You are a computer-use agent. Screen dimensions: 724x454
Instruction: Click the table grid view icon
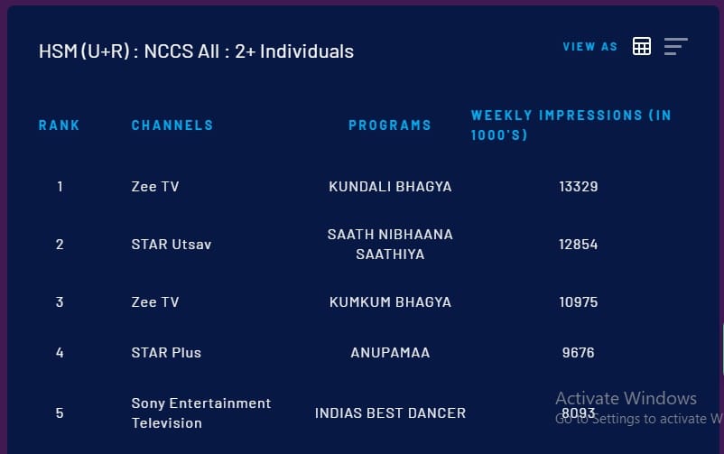(641, 46)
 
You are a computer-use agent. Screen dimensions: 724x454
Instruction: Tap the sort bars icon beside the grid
(676, 46)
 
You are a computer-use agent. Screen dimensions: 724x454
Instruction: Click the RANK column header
(59, 125)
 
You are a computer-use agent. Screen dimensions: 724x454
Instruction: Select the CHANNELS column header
(172, 125)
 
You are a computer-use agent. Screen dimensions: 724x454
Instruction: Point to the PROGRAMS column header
(390, 125)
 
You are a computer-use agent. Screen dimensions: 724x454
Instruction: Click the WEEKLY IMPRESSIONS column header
(571, 125)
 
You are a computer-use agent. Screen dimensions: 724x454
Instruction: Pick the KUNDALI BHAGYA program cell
(390, 187)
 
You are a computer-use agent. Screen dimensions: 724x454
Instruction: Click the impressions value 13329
(578, 187)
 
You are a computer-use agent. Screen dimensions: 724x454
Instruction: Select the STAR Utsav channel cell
(172, 245)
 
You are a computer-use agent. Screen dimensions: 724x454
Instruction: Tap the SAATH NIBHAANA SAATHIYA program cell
(390, 245)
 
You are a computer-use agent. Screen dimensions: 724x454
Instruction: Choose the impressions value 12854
(578, 245)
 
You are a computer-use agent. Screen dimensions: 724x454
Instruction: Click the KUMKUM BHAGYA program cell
(390, 302)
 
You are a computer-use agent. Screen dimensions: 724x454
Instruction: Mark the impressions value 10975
(578, 302)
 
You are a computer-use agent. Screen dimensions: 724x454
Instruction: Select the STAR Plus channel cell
(166, 353)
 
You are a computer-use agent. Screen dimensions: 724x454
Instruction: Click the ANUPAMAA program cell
(390, 353)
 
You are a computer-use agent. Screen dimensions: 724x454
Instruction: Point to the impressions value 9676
(578, 353)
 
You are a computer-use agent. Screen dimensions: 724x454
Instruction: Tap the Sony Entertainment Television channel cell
(200, 412)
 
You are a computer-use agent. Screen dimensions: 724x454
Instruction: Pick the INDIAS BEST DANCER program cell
(390, 412)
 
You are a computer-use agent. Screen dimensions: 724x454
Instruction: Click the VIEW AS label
(589, 47)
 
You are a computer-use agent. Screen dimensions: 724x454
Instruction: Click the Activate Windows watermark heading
(626, 398)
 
